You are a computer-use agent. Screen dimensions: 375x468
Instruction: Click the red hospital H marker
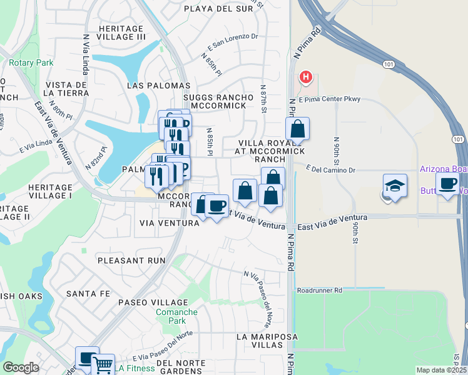tap(306, 77)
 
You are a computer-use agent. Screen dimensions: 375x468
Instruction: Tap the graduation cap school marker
tap(395, 186)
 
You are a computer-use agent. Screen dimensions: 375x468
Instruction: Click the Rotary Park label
tap(31, 62)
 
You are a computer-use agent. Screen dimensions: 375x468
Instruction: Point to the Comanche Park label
tap(176, 316)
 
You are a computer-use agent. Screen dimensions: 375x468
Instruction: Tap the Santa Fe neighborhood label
tap(88, 293)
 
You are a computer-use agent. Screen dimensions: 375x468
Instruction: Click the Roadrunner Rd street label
tap(320, 291)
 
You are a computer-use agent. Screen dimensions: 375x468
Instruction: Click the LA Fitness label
tap(134, 368)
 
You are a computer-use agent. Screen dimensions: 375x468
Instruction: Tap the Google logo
tap(21, 367)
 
